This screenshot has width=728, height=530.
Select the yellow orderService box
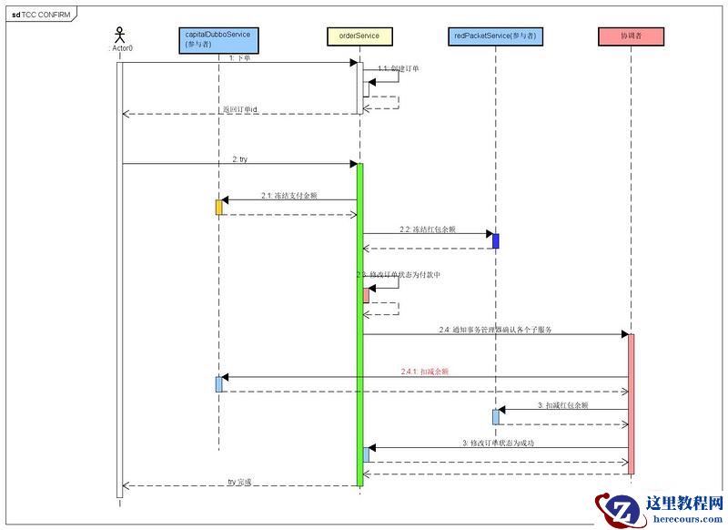[x=359, y=36]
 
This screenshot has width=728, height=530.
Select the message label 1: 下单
[x=239, y=58]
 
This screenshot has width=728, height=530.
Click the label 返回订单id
[x=240, y=109]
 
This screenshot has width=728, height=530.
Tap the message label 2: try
[x=239, y=159]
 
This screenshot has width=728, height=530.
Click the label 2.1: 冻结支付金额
[x=288, y=195]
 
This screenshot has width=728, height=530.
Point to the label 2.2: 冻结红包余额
[x=427, y=229]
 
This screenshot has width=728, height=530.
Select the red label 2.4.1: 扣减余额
[x=425, y=372]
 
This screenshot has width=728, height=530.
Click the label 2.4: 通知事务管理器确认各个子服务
[x=495, y=330]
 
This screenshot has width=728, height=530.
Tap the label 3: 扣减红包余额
[x=562, y=404]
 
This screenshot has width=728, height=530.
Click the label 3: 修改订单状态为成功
[x=497, y=443]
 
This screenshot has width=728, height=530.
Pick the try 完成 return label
[x=239, y=481]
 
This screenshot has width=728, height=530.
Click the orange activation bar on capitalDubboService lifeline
[x=218, y=207]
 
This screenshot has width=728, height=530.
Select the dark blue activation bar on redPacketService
[x=496, y=240]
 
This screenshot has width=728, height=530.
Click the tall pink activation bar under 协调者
[x=630, y=401]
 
